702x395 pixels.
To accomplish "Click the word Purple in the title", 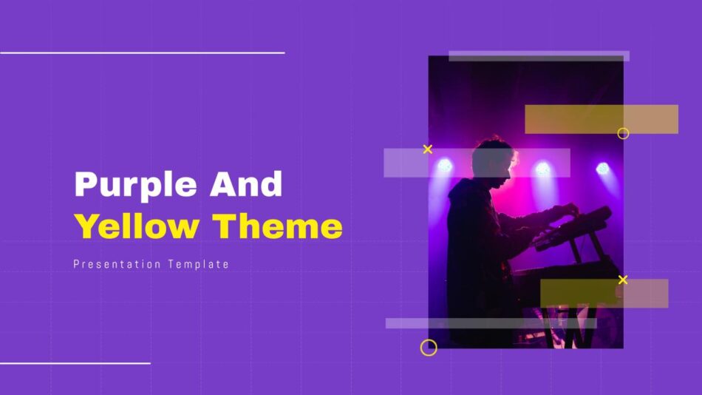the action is (x=136, y=185).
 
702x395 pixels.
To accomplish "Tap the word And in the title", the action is (x=246, y=183).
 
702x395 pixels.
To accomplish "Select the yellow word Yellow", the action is (x=137, y=226).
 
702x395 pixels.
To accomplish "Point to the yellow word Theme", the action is (x=278, y=226).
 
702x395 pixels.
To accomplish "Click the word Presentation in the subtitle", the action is (x=117, y=265).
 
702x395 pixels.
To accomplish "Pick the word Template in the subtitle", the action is (x=199, y=265).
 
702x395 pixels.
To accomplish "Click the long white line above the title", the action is (x=143, y=53).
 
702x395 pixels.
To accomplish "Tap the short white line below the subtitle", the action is (x=75, y=363).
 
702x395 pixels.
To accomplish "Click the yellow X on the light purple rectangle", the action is (x=428, y=149).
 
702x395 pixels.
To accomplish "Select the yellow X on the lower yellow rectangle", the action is (x=623, y=280).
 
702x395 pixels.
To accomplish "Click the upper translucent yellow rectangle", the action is (x=602, y=119).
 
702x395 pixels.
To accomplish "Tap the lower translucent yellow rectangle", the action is (x=604, y=293).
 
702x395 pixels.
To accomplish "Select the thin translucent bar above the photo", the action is (x=539, y=56).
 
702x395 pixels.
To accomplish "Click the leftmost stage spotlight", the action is (x=445, y=166).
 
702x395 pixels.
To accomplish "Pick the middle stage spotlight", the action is (x=542, y=169).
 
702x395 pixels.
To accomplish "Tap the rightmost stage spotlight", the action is (x=602, y=169).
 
